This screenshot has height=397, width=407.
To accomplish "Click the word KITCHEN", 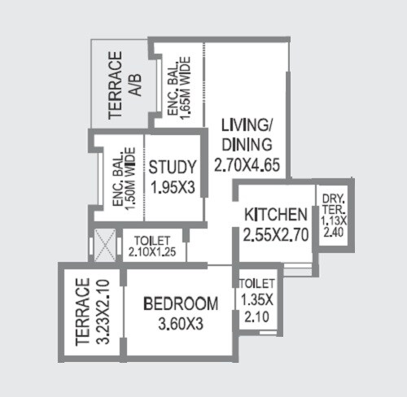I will [275, 216].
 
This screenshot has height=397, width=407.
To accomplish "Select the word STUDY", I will [173, 168].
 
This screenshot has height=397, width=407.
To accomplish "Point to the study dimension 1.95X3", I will [173, 187].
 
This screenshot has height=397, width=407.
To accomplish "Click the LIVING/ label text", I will [247, 127].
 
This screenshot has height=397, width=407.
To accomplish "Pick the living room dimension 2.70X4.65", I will [247, 165].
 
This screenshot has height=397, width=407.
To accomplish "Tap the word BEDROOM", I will [181, 304].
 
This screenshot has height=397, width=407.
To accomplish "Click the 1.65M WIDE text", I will [186, 88].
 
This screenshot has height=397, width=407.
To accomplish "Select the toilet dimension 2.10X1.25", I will [152, 252].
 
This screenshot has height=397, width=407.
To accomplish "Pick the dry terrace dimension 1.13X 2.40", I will [332, 225].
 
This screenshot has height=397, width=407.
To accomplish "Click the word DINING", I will [247, 146].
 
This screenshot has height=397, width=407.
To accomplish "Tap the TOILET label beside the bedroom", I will [257, 283].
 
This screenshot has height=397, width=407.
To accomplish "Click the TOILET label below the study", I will [152, 240].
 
